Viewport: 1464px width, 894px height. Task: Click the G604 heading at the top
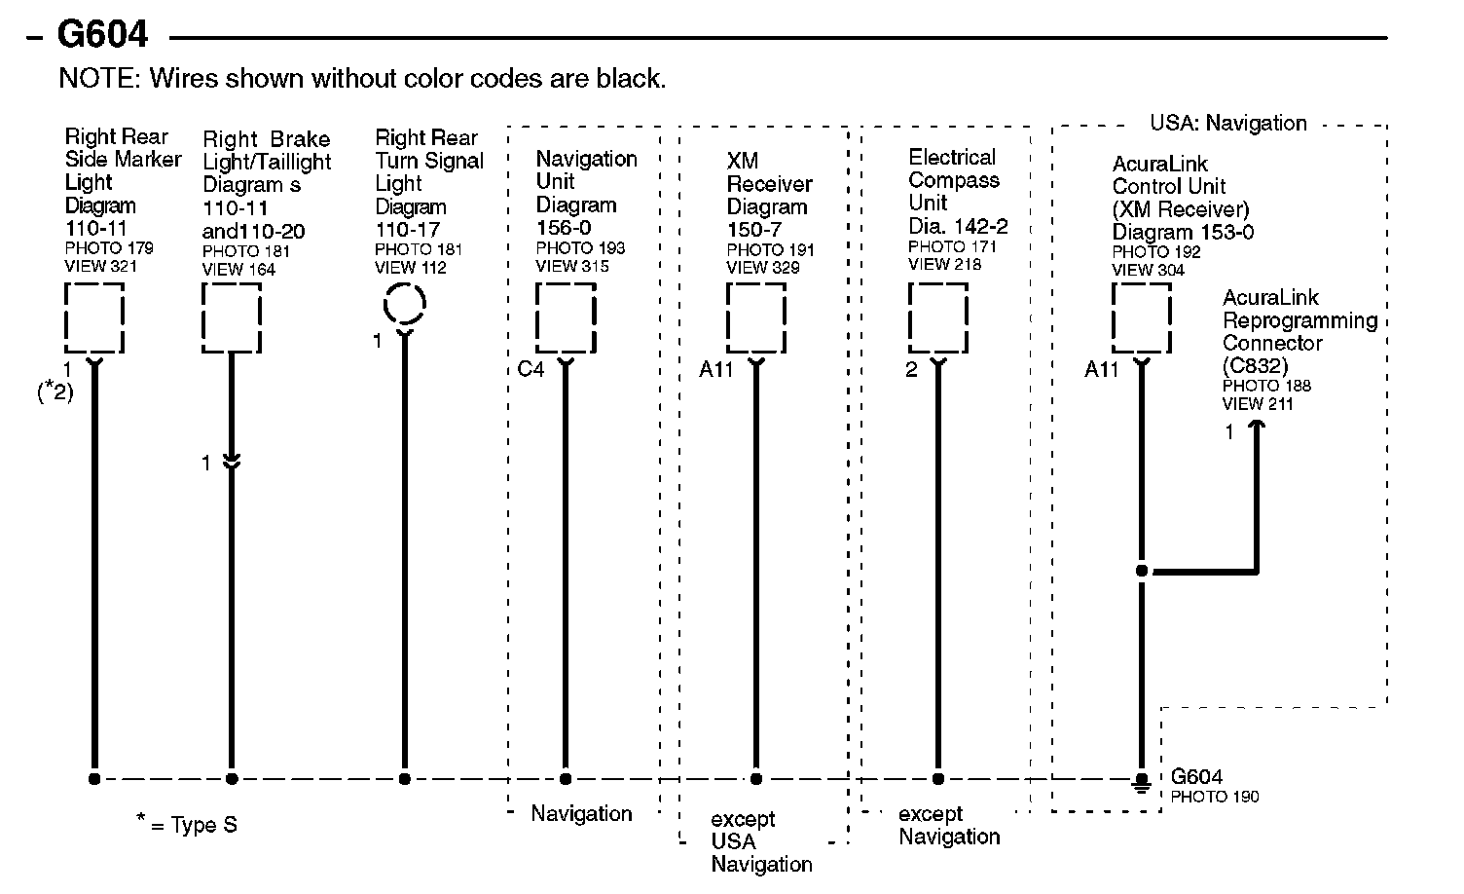tap(102, 34)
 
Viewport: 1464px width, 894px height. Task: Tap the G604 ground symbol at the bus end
tap(1142, 782)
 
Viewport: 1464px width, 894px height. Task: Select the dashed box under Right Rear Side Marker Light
tap(94, 317)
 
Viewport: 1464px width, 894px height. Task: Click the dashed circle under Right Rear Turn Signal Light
tap(404, 304)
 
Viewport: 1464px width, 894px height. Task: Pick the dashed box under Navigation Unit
tap(566, 317)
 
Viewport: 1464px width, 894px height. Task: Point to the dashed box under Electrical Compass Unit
tap(937, 317)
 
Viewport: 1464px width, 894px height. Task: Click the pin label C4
tap(531, 370)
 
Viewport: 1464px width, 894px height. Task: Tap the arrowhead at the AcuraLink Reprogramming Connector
tap(1257, 426)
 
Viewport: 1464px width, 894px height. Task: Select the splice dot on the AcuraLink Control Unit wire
tap(1142, 571)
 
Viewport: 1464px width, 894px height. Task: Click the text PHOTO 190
tap(1215, 797)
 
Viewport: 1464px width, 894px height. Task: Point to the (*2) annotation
tap(55, 391)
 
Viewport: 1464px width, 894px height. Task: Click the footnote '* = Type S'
tap(186, 825)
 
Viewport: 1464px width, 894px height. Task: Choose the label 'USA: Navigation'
tap(1228, 123)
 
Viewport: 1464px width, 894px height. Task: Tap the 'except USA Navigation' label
tap(750, 841)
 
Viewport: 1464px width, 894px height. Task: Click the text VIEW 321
tap(101, 266)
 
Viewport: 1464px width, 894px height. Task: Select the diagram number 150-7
tap(752, 229)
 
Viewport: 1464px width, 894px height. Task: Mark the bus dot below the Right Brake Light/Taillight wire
tap(232, 779)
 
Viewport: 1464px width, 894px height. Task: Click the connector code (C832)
tap(1255, 365)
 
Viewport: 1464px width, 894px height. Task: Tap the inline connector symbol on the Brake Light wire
tap(232, 463)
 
